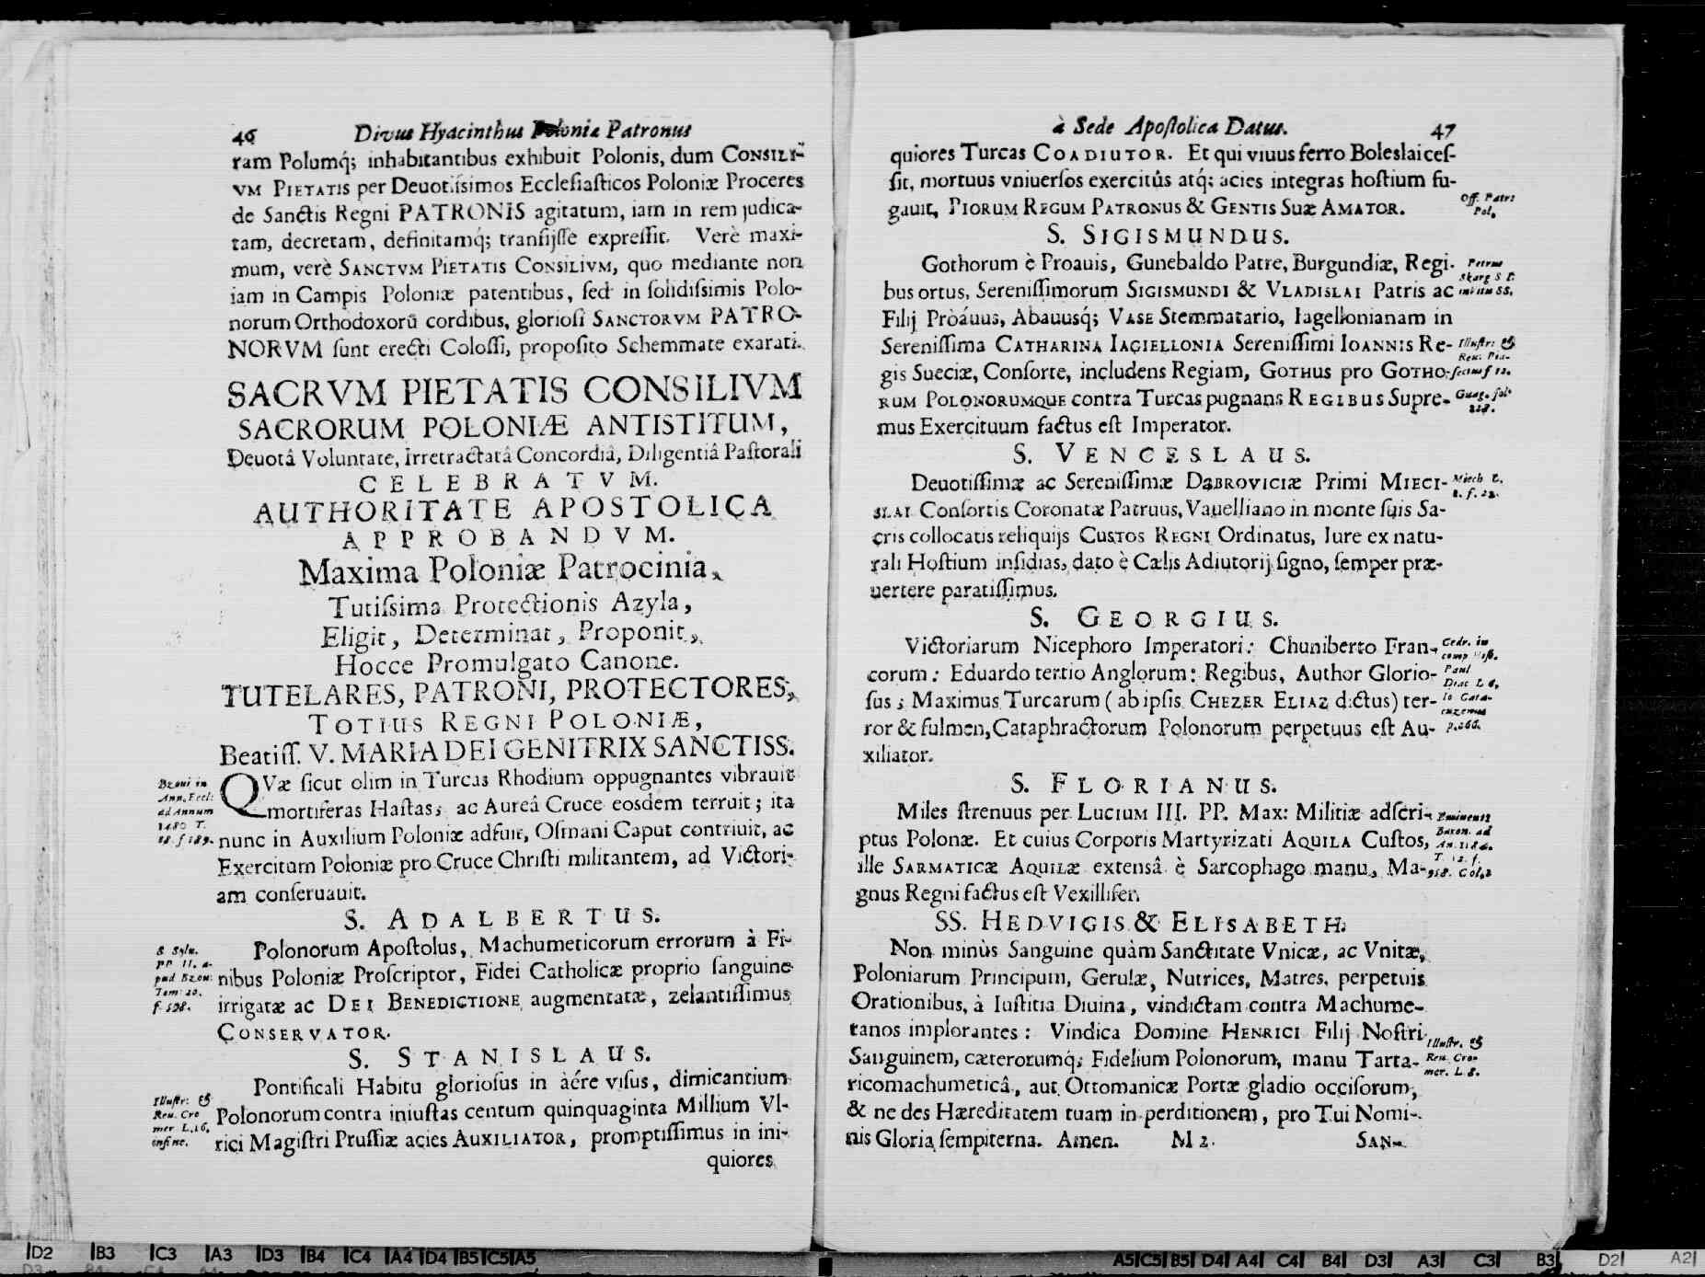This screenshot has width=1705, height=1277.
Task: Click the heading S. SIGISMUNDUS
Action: (1167, 235)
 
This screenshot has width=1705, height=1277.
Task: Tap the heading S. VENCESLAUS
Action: (1160, 454)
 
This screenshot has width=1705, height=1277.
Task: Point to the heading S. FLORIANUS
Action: (1143, 785)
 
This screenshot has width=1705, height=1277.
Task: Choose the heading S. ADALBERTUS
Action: (501, 917)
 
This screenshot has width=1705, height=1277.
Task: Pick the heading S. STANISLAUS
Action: (499, 1054)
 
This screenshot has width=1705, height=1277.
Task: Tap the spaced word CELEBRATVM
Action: (508, 481)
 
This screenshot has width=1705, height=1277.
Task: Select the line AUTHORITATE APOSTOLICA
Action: (513, 508)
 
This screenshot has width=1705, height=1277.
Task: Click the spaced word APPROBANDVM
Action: (509, 535)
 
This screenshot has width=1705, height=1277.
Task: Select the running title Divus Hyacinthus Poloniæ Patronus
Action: (523, 131)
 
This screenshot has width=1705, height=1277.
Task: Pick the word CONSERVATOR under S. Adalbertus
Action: (304, 1032)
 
